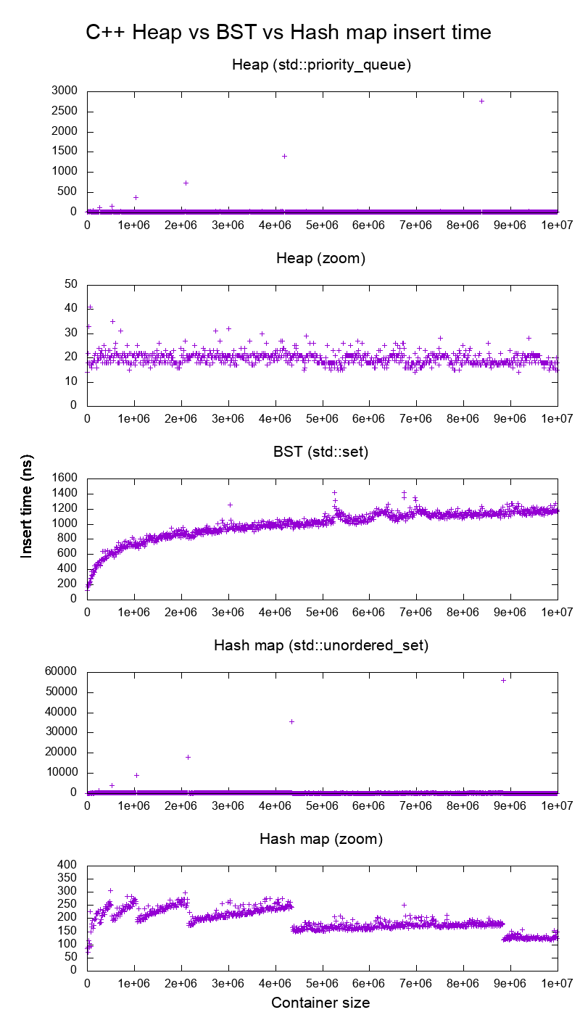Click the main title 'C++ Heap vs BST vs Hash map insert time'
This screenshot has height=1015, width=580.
coord(289,33)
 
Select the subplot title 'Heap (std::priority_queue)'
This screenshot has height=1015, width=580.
coord(322,65)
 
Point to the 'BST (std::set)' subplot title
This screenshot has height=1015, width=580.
coord(322,452)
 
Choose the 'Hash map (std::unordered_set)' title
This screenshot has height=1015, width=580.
coord(322,645)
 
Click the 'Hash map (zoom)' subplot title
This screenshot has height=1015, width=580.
coord(322,840)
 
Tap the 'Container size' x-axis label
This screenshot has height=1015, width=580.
coord(320,1003)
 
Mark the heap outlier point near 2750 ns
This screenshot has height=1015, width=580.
coord(481,101)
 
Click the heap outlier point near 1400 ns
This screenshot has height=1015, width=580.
coord(284,156)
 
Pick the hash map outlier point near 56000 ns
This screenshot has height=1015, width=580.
coord(503,680)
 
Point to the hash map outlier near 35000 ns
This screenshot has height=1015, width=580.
coord(291,721)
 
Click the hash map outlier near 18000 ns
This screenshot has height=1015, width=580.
coord(188,757)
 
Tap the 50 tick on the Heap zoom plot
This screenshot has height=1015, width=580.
coord(71,284)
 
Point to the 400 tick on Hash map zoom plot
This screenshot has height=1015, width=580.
coord(68,865)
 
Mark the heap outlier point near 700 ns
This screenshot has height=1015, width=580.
coord(186,183)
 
